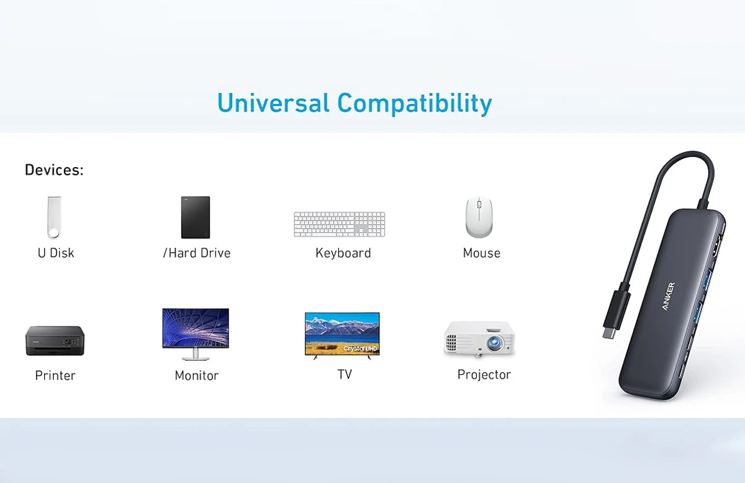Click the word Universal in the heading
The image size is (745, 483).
click(273, 103)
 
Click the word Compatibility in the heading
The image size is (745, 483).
click(415, 104)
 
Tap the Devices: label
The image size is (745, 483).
click(54, 169)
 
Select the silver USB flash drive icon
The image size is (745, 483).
click(54, 217)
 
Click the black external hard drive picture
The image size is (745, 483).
click(196, 217)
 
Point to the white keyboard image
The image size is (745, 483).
click(339, 224)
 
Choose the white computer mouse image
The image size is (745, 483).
click(479, 217)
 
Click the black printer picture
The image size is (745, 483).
click(55, 341)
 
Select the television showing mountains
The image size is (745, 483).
click(342, 336)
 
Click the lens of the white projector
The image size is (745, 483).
click(494, 343)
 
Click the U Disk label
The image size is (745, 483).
click(56, 253)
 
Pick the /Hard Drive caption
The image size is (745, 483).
click(197, 253)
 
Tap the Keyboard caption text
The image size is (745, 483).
click(343, 253)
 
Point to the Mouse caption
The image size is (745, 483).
click(482, 253)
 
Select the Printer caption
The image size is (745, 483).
click(55, 376)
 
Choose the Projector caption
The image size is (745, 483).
click(484, 375)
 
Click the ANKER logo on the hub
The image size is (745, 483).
click(669, 296)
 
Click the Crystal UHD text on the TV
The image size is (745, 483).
click(360, 349)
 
